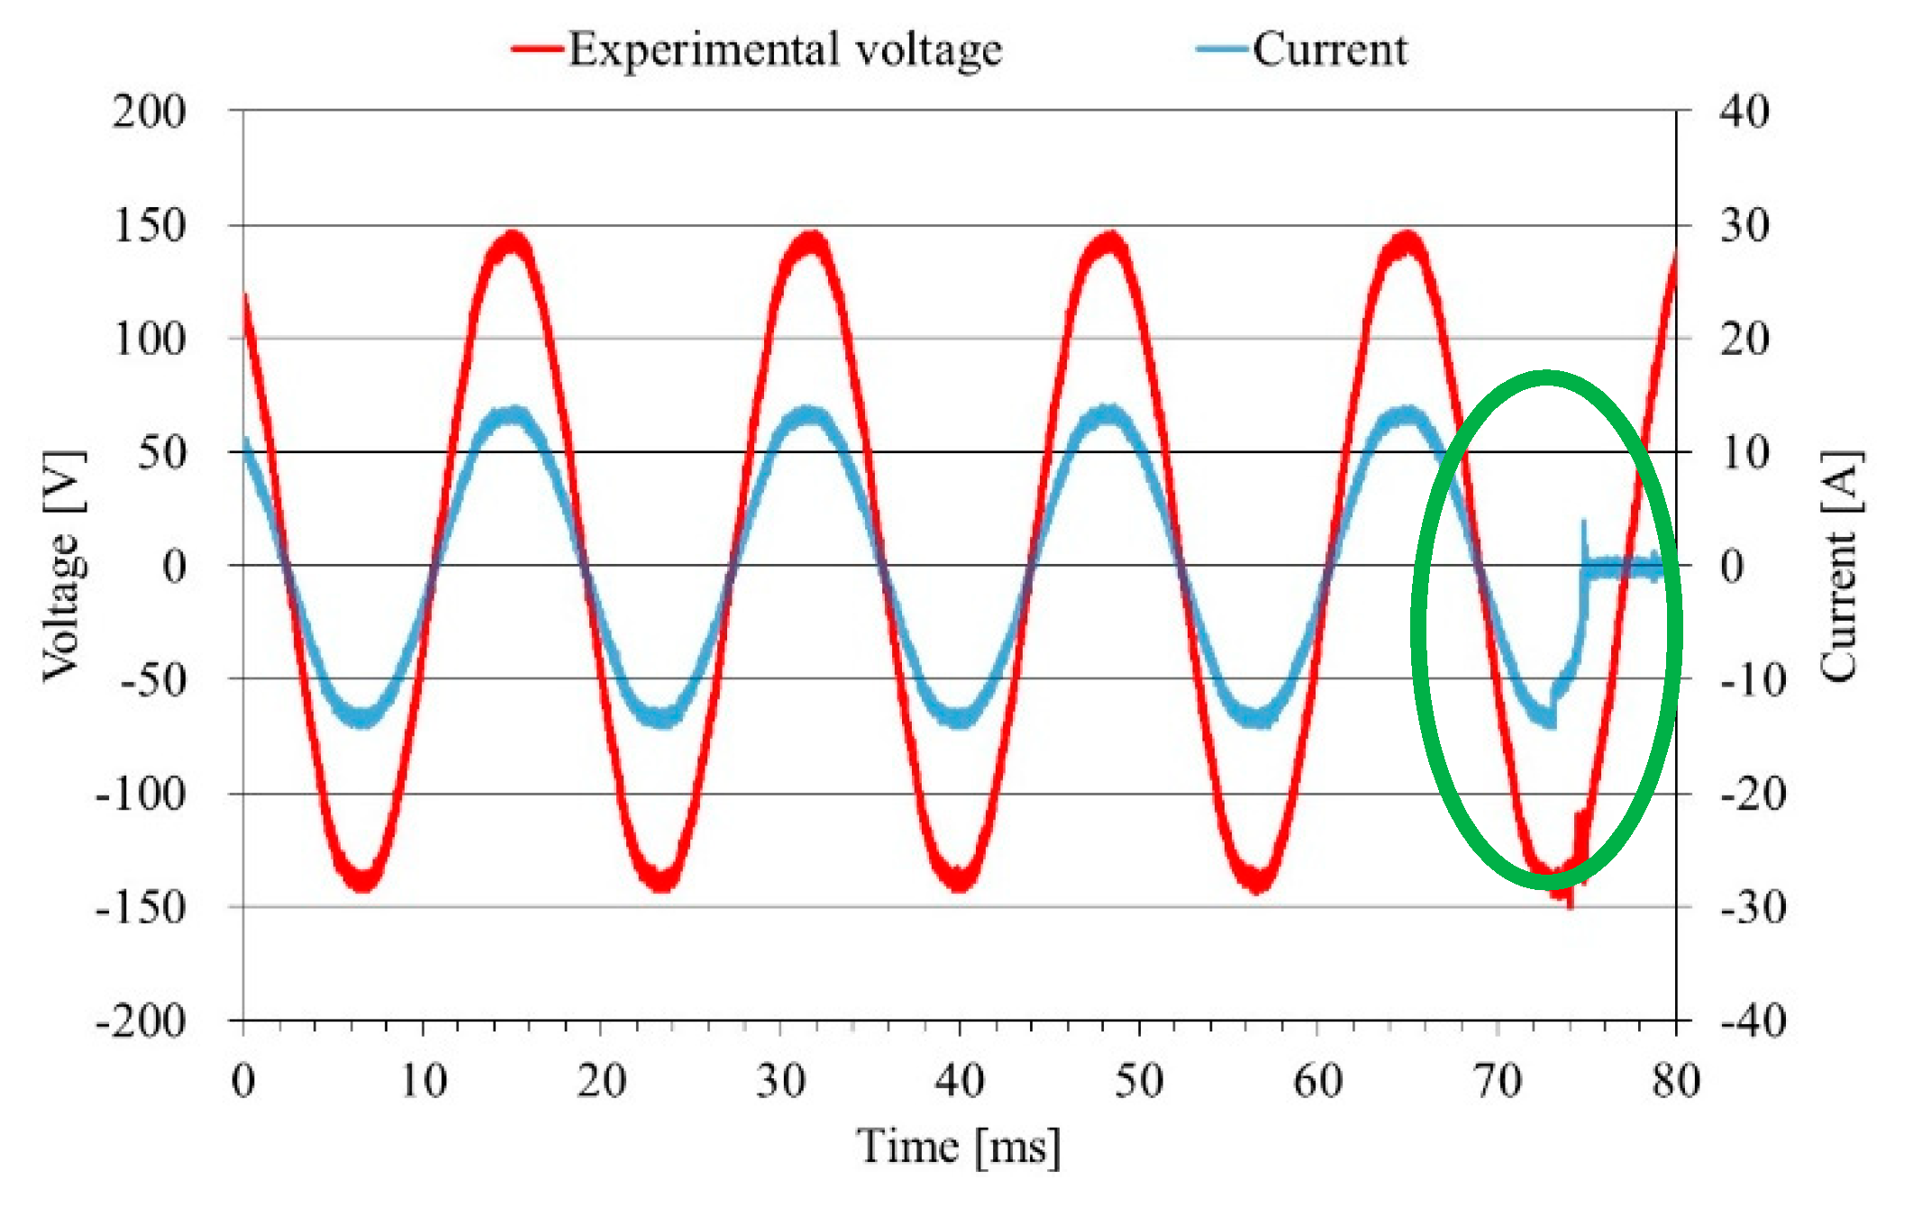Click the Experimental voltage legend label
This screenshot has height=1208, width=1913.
(x=784, y=50)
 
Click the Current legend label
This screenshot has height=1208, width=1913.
(x=1329, y=50)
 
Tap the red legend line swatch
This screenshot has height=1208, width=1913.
(x=538, y=50)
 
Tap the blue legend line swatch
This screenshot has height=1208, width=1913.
(x=1223, y=50)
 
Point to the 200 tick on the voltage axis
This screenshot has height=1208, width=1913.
(x=149, y=113)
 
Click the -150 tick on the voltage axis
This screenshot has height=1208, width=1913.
(x=141, y=907)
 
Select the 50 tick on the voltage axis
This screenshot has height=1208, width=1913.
(x=161, y=453)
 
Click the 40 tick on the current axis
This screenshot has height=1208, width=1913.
(x=1744, y=113)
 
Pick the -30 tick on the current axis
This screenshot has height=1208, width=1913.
(x=1753, y=907)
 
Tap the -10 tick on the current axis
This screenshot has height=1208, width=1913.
(x=1753, y=680)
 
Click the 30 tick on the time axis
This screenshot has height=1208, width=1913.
(x=780, y=1080)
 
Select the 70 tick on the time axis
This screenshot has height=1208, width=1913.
(x=1498, y=1080)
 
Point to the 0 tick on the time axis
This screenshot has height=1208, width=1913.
(x=243, y=1080)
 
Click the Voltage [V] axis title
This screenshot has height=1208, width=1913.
(x=65, y=566)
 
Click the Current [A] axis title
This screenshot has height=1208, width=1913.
(x=1840, y=566)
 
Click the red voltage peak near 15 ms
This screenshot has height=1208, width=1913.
(x=514, y=241)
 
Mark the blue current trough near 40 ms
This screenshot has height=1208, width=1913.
(x=960, y=718)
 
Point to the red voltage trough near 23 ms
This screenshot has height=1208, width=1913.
(x=662, y=880)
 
